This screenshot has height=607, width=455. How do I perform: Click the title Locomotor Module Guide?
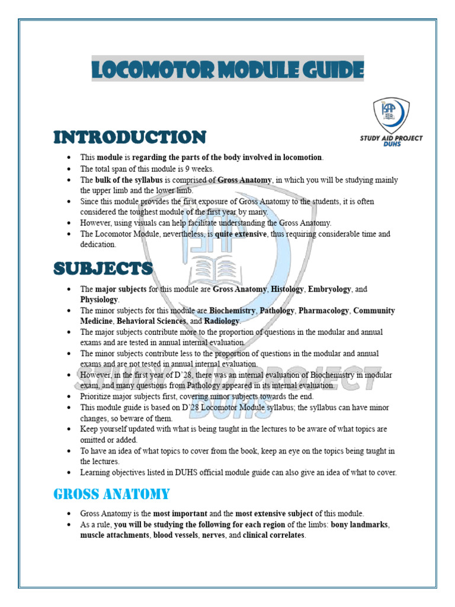(227, 70)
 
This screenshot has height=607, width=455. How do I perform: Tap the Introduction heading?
(130, 138)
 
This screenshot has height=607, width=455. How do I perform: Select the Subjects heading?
(103, 269)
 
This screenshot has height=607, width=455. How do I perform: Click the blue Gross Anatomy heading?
(111, 494)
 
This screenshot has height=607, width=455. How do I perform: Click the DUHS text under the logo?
(392, 144)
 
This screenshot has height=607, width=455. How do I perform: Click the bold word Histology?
(287, 289)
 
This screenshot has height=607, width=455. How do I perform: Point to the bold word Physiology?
(99, 300)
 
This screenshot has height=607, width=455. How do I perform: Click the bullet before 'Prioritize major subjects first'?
(69, 397)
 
